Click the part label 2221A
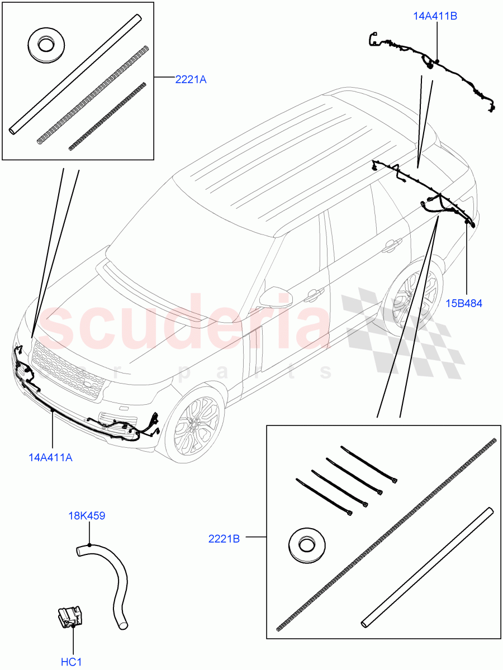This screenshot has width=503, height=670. [191, 80]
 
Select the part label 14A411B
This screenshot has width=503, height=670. [435, 16]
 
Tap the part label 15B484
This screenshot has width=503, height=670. [464, 304]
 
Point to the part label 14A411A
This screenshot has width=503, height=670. [50, 458]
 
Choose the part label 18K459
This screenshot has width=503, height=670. [87, 516]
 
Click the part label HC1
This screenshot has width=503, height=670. [72, 662]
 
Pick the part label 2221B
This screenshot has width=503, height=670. [224, 539]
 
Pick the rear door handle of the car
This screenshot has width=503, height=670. [392, 243]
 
